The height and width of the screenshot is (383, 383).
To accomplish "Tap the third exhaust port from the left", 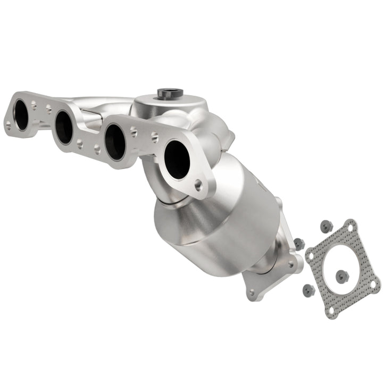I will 114,142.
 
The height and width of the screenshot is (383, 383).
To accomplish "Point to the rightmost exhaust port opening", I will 177,160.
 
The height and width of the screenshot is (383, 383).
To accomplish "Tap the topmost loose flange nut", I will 326,226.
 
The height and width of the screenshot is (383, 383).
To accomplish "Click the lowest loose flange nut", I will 307,290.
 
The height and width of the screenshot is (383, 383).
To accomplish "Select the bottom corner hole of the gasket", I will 332,310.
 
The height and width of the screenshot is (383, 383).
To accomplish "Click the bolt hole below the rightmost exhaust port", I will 198,186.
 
